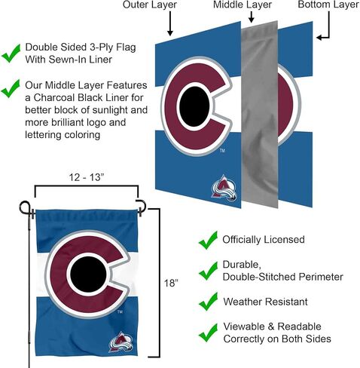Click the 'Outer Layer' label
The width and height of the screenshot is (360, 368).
tap(150, 5)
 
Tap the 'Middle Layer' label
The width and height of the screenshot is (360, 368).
tap(243, 5)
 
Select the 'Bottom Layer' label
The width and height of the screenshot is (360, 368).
tap(328, 5)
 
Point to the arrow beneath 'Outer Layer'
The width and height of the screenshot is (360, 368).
tap(170, 23)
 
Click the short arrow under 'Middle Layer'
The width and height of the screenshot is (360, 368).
tap(252, 17)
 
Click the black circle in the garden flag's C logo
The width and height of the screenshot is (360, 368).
tap(88, 274)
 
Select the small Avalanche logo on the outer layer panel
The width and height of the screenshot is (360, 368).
tap(224, 188)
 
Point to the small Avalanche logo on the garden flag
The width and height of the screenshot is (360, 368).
tap(121, 342)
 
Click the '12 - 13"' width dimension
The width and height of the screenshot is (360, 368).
tap(87, 177)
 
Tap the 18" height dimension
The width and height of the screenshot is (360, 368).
tap(171, 284)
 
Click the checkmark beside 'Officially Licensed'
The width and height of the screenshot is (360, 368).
tap(208, 241)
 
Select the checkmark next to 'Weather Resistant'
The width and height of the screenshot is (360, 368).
tap(208, 301)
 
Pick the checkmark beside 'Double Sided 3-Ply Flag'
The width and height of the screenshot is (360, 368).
tap(11, 54)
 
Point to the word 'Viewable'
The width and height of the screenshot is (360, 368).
tap(244, 327)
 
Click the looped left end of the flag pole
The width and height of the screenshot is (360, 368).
tap(25, 207)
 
